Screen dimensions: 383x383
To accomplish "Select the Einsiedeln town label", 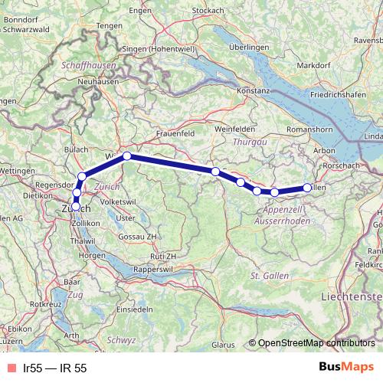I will tap(135, 308).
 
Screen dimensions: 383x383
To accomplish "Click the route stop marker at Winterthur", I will tap(127, 156).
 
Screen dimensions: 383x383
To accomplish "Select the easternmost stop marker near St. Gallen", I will tap(308, 187).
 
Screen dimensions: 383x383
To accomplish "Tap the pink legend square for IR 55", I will tap(10, 368).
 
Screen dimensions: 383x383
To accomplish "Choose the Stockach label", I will tap(208, 11).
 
